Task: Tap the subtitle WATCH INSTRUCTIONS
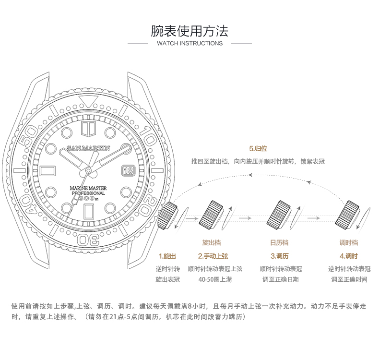[x=190, y=43]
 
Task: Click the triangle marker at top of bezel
[x=86, y=101]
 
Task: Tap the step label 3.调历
[x=279, y=256]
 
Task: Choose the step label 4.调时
[x=349, y=256]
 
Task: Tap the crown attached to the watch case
[x=168, y=215]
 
